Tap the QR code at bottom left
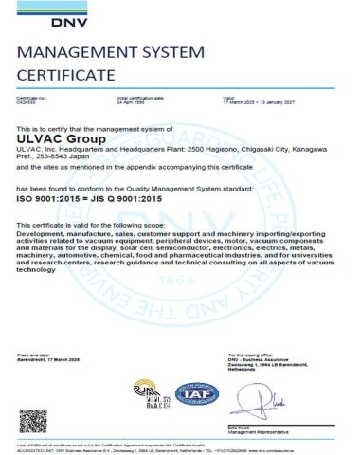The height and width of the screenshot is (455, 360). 33,419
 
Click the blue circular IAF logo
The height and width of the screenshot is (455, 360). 188,393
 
